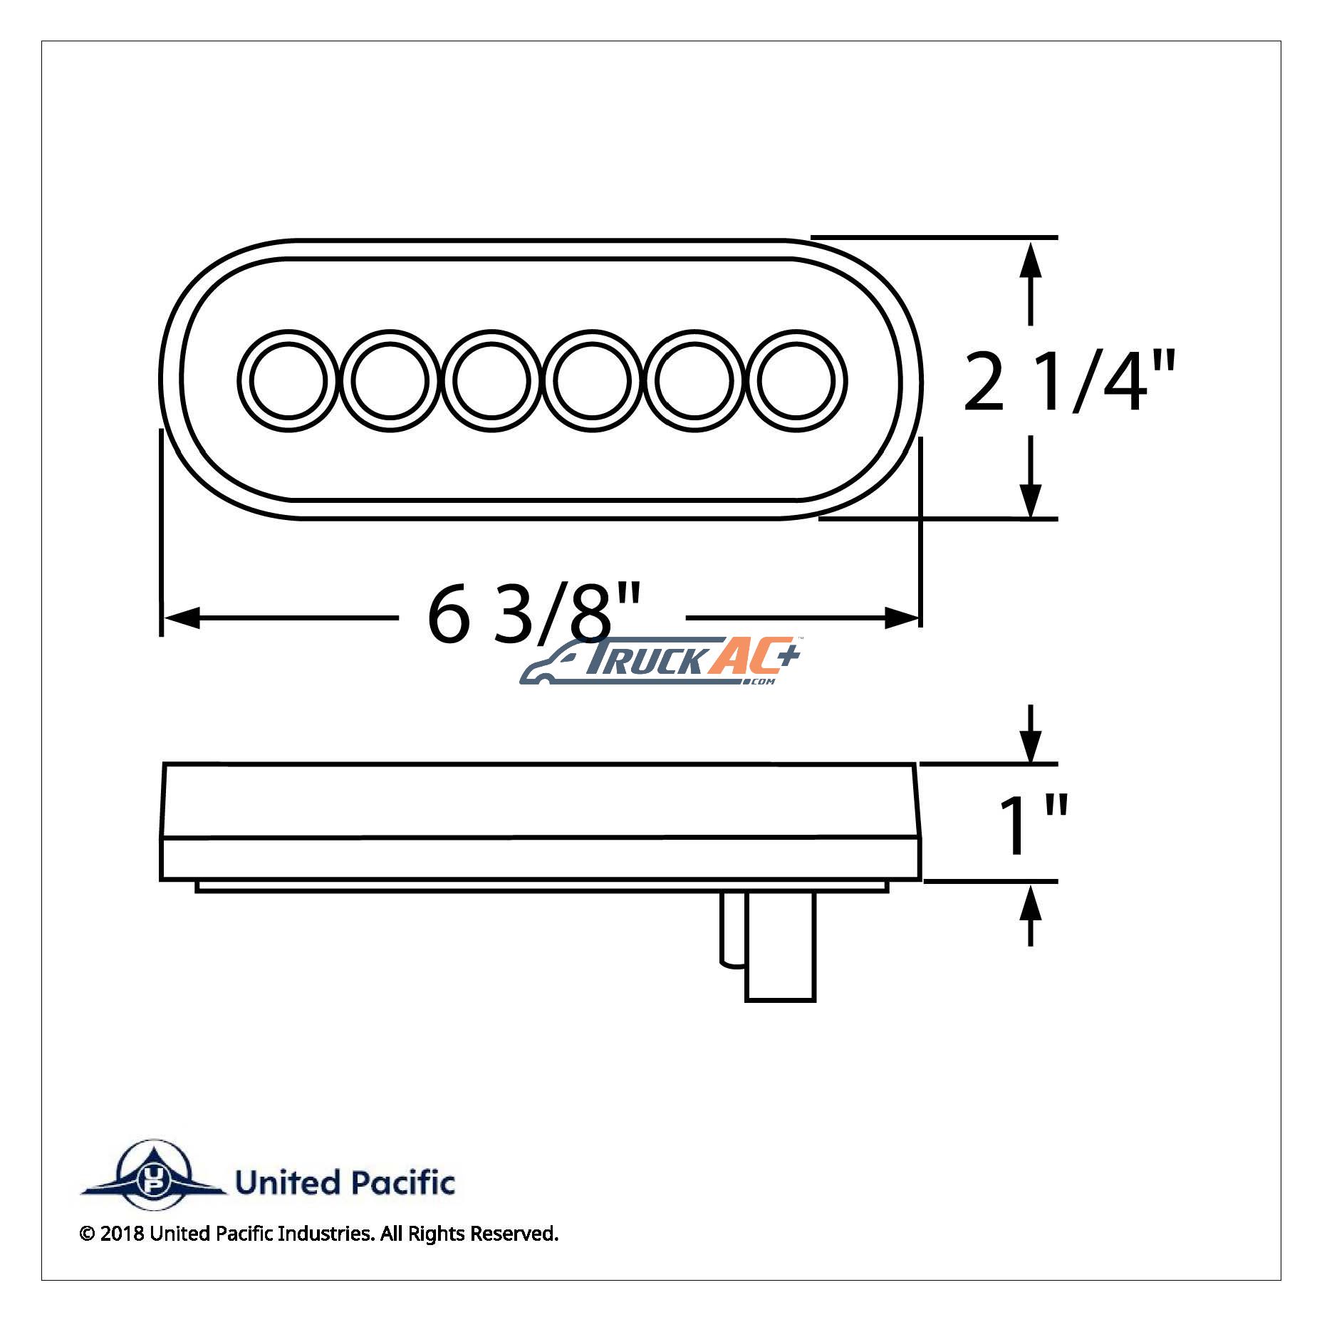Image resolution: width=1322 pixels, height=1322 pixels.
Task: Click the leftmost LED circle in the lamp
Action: (x=288, y=380)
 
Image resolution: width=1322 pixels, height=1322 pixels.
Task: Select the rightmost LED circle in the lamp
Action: (x=796, y=380)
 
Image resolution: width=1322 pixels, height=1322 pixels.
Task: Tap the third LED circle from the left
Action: (x=491, y=380)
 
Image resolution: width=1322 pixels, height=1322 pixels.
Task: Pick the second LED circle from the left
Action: (x=390, y=380)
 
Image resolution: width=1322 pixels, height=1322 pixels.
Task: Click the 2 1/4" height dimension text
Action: (x=1069, y=382)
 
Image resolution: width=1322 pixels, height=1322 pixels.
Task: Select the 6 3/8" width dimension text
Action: (x=534, y=612)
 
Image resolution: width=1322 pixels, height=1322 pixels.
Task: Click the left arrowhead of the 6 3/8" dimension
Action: (x=181, y=618)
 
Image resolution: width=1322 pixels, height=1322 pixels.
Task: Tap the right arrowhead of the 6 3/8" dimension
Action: (x=902, y=618)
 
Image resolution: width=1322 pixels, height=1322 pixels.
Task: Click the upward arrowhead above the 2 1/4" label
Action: (x=1031, y=259)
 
